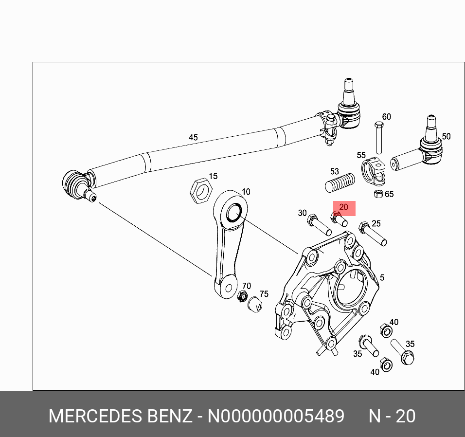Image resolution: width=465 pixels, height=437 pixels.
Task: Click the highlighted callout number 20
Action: [343, 207]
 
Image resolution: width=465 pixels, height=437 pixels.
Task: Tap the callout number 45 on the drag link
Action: [193, 138]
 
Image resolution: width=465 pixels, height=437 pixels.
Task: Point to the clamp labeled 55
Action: [375, 172]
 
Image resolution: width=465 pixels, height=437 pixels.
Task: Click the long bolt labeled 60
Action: [378, 138]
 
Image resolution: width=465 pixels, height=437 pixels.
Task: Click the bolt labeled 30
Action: [319, 226]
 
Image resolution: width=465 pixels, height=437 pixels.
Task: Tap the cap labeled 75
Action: [255, 305]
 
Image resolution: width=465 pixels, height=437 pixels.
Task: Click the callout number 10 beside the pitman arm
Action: [246, 192]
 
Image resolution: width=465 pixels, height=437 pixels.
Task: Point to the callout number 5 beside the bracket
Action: [382, 277]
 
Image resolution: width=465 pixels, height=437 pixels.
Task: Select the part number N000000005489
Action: [276, 417]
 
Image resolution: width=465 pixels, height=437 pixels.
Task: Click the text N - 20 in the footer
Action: [392, 417]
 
